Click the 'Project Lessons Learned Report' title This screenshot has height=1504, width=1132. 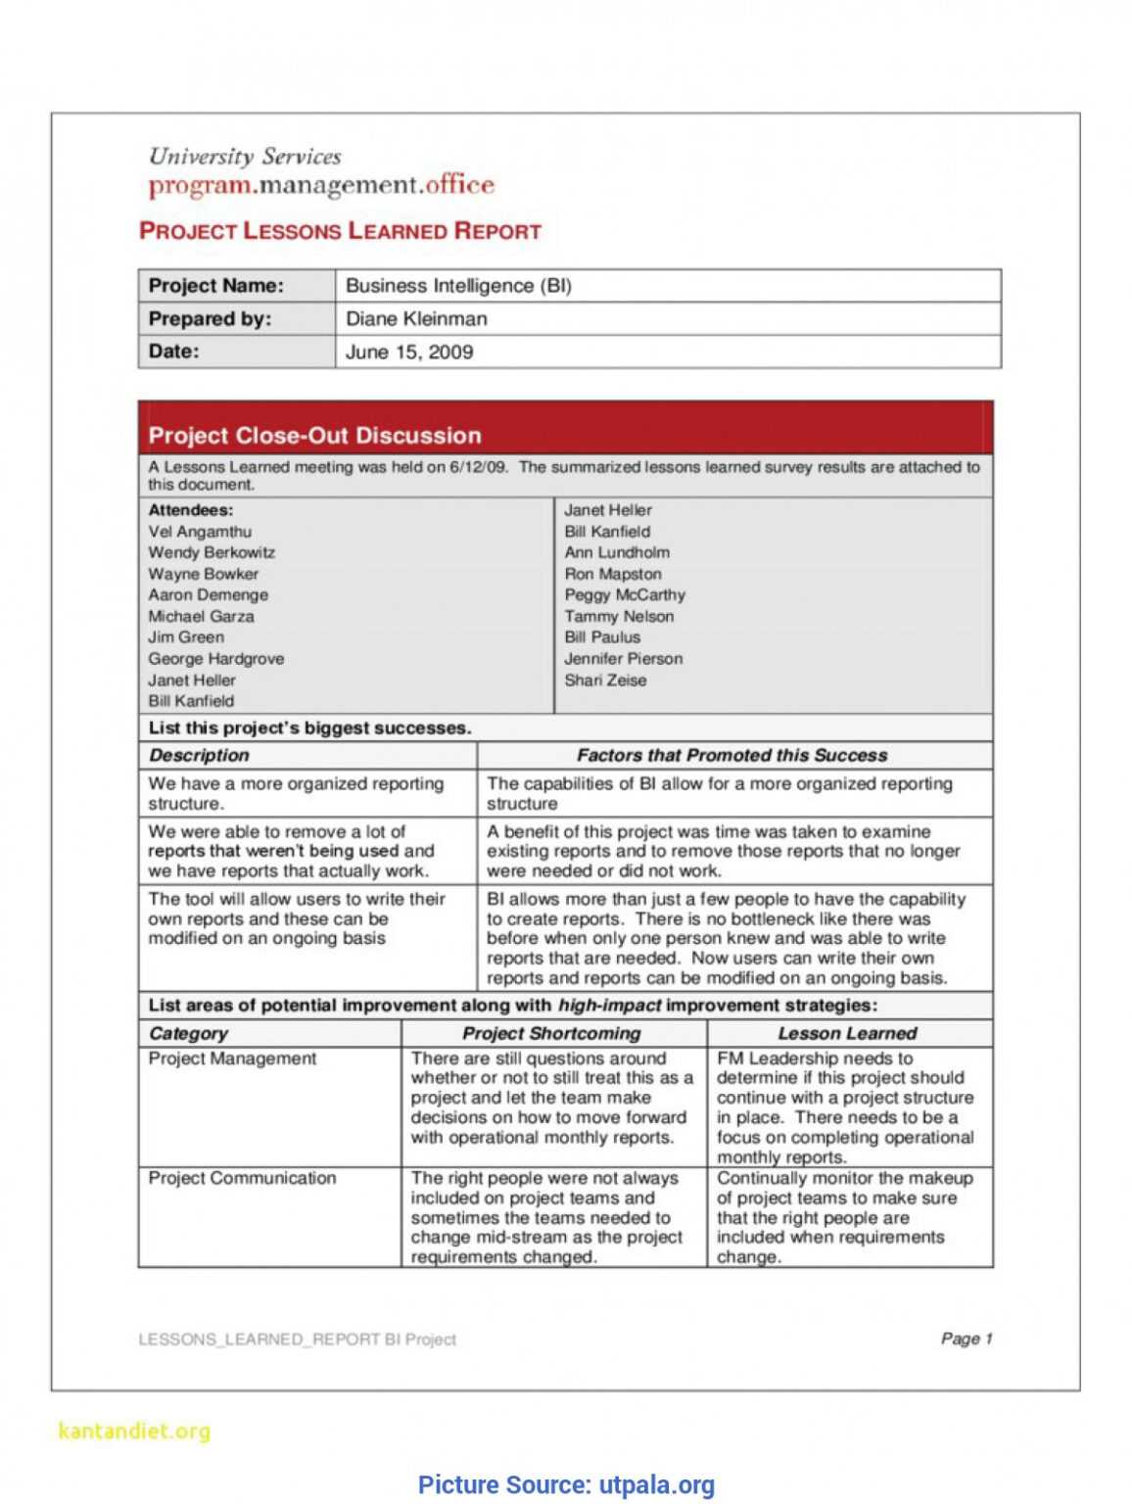340,231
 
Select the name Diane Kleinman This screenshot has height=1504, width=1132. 416,319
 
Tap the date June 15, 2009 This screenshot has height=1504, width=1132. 409,352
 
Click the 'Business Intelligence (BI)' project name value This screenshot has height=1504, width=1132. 458,286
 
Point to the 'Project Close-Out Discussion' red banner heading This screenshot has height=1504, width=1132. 314,436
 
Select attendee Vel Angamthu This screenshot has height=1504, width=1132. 200,532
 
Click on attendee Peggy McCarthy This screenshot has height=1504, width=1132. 624,595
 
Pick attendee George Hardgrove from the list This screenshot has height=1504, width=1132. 215,659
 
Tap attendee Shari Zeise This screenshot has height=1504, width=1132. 604,681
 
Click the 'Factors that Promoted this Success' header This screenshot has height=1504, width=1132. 731,756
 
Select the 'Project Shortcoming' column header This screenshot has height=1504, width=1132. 551,1034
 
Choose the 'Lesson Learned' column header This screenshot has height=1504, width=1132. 847,1034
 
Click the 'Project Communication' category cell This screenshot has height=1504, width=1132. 242,1179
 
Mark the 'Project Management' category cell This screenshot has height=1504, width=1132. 232,1059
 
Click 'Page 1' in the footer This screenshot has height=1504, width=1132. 966,1339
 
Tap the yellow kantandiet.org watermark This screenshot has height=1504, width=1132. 134,1432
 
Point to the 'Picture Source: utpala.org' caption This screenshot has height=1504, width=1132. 566,1485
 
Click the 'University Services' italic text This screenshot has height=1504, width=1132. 245,157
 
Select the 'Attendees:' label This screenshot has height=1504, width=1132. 191,510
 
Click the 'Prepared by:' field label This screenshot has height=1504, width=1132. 210,319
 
